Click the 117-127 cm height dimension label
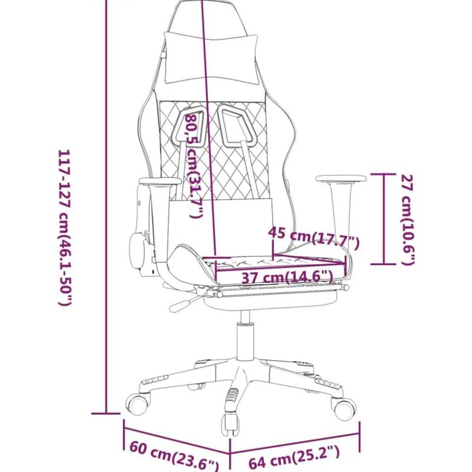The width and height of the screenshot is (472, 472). (65, 228)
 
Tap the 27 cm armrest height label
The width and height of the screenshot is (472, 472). (408, 220)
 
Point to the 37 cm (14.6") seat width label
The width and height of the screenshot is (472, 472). (288, 277)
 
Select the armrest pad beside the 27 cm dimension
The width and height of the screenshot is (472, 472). (341, 178)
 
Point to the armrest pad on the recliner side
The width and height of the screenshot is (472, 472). (160, 181)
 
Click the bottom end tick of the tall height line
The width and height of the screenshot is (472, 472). (106, 413)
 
